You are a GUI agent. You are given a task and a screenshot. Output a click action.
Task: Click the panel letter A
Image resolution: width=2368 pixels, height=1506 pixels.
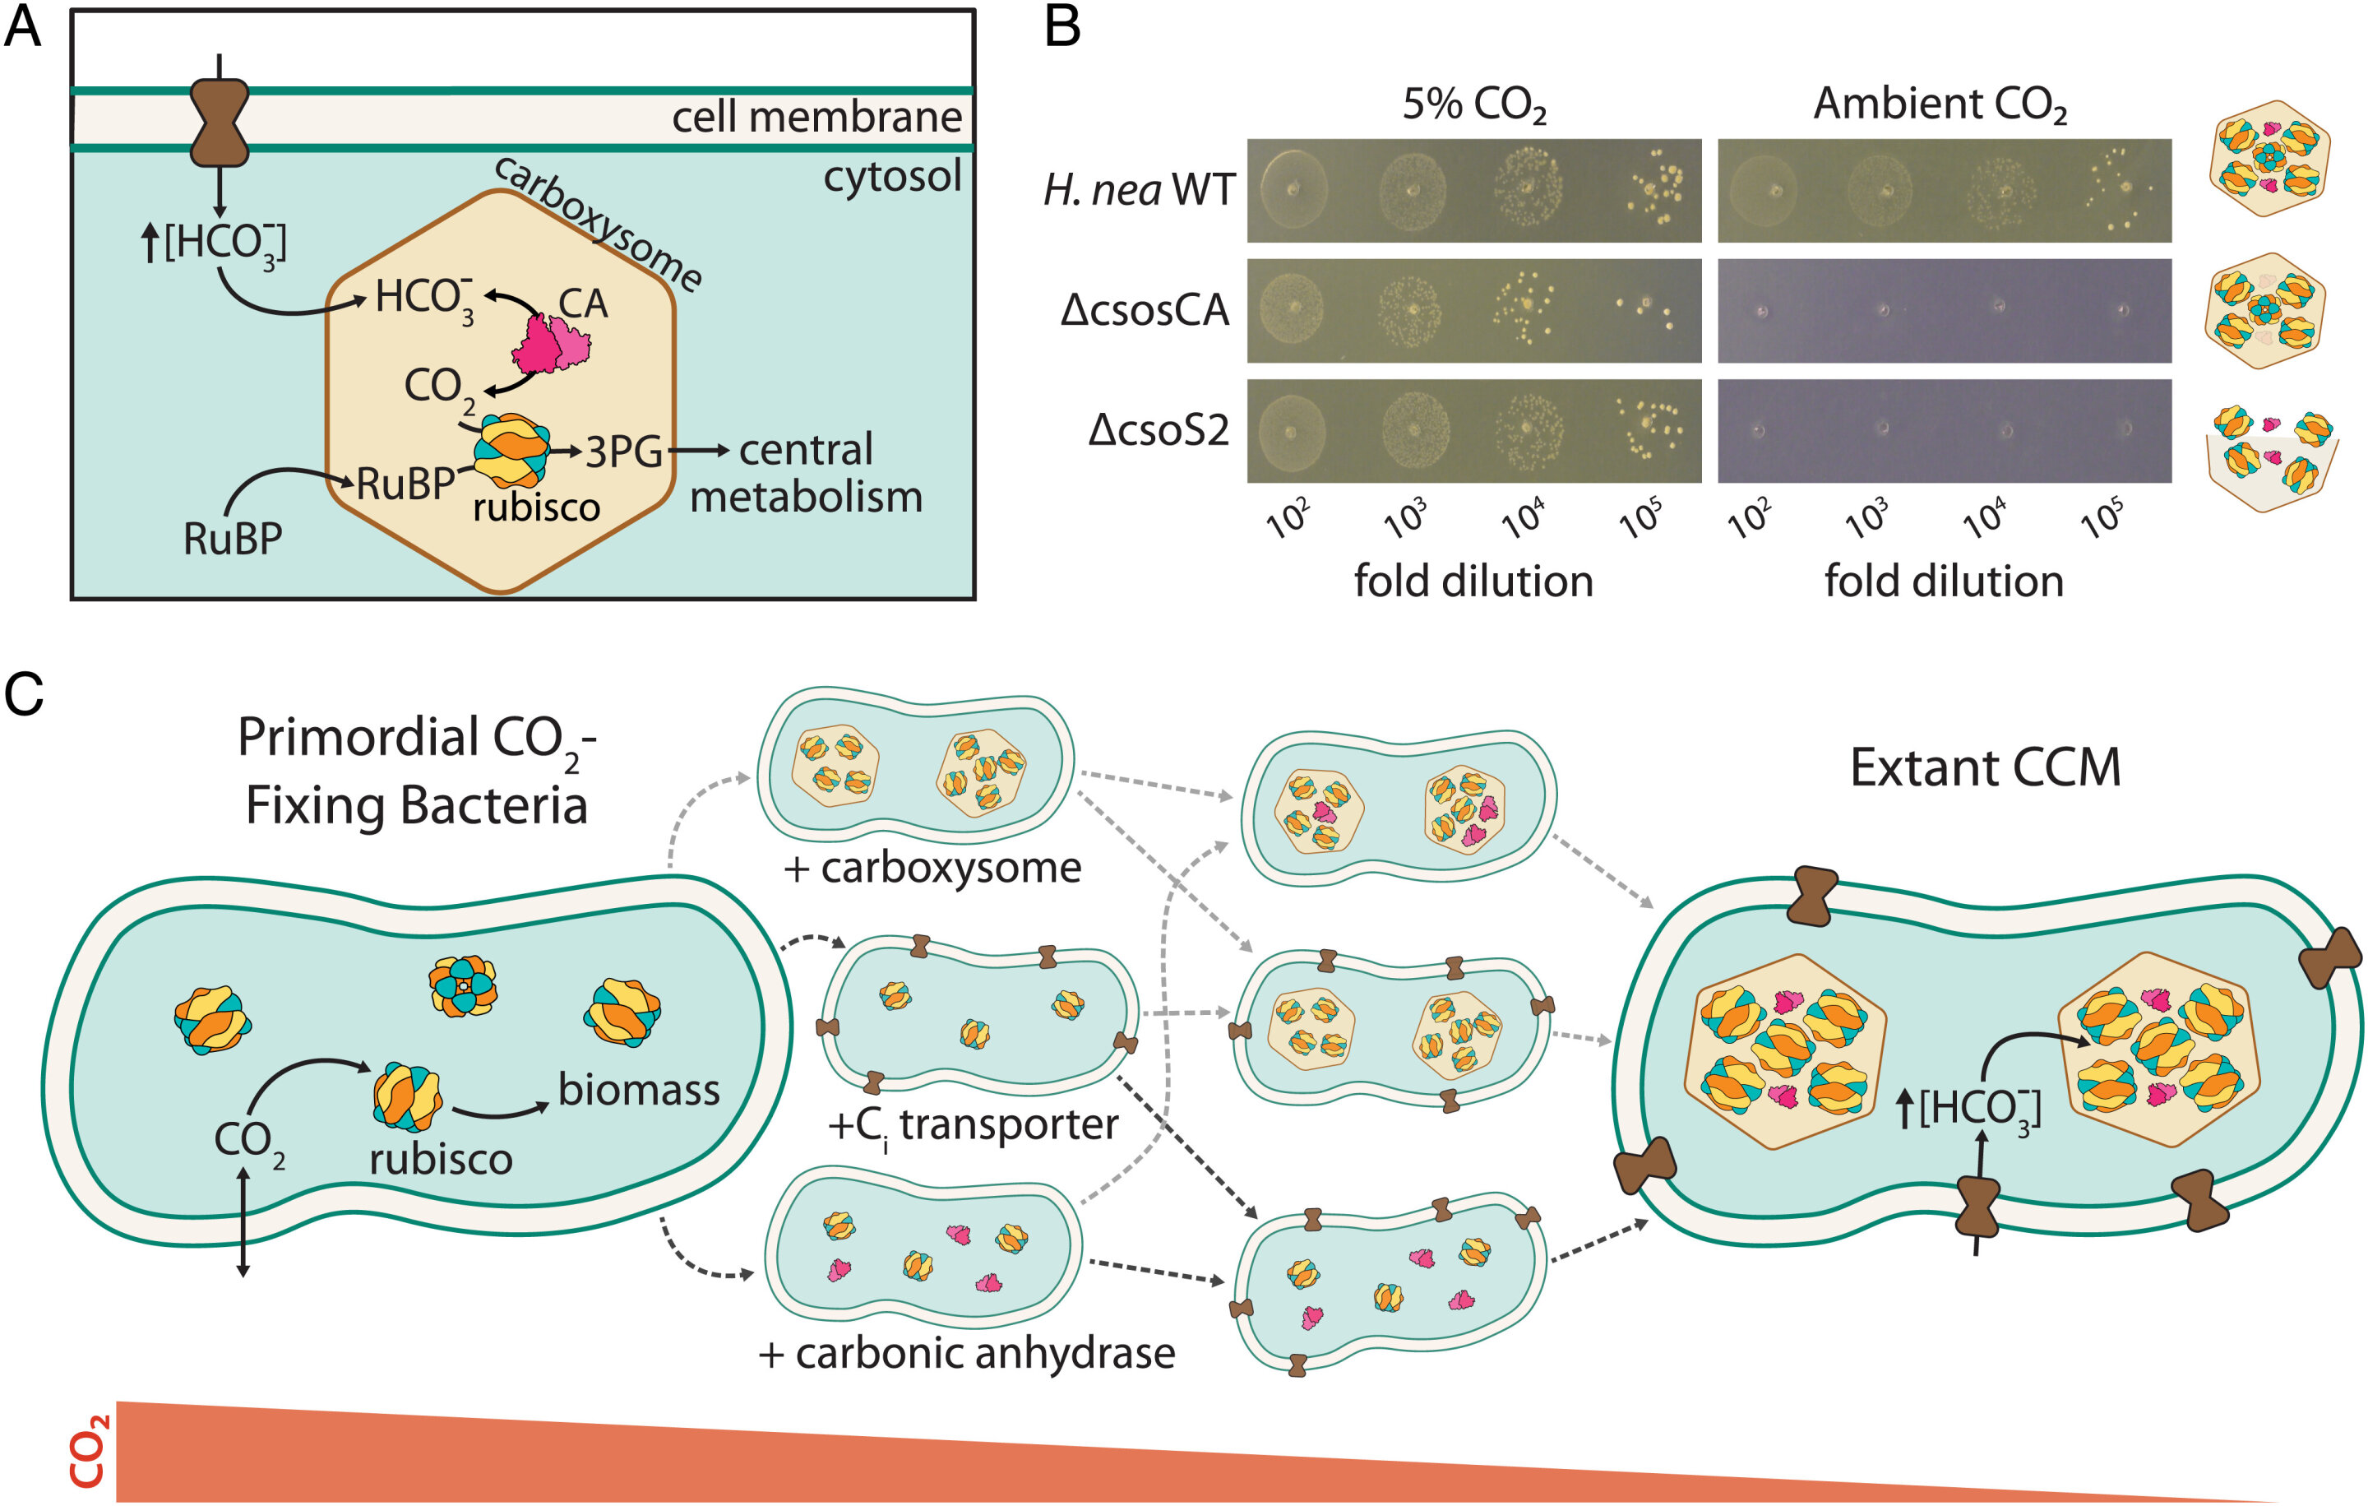click(x=23, y=26)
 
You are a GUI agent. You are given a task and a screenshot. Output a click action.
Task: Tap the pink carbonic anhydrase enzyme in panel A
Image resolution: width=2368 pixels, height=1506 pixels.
click(x=550, y=343)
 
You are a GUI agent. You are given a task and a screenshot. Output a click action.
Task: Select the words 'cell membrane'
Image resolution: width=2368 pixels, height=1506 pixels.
click(x=816, y=117)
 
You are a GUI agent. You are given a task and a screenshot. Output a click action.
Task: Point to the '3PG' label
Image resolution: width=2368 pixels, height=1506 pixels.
click(x=623, y=452)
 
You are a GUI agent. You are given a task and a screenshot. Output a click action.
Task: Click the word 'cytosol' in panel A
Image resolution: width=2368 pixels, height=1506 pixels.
click(x=891, y=177)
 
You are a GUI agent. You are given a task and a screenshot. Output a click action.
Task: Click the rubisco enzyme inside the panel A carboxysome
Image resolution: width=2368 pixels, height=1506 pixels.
click(x=511, y=450)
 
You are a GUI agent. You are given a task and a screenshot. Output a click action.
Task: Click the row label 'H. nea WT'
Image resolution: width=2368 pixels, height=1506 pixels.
click(x=1138, y=190)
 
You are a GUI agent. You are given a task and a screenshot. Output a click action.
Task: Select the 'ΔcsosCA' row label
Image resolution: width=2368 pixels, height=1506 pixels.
click(x=1145, y=311)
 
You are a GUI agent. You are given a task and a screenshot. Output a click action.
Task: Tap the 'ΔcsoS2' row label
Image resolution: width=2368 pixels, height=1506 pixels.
click(x=1159, y=431)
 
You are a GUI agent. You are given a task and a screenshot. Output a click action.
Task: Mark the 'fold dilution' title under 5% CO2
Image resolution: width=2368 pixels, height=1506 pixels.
click(x=1473, y=582)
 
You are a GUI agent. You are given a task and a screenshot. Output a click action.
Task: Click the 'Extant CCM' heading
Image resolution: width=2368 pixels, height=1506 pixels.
click(x=1985, y=767)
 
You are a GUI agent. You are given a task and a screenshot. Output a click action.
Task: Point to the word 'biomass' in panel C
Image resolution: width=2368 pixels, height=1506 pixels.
click(x=638, y=1090)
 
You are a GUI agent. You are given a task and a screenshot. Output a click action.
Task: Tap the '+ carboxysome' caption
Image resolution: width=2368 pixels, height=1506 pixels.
click(x=932, y=868)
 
